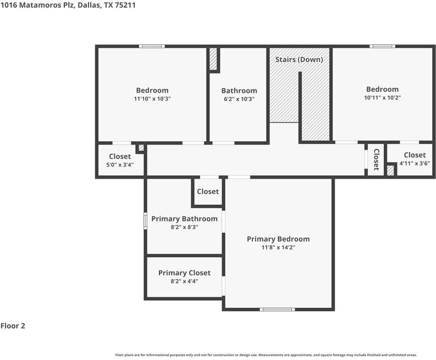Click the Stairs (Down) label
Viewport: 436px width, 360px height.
tap(299, 59)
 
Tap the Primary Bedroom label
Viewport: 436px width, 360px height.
tap(278, 239)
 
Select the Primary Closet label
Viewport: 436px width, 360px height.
tap(184, 273)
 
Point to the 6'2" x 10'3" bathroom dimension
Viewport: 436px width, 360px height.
tap(239, 99)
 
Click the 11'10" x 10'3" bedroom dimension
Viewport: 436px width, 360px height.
tap(152, 99)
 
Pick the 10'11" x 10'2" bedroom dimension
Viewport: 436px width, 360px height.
tap(382, 98)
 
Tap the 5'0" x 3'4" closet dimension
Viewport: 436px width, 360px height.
tap(120, 164)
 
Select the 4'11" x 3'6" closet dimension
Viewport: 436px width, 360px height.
tap(415, 163)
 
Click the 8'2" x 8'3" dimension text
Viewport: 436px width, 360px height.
tap(184, 227)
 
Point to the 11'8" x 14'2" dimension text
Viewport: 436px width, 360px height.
tap(278, 247)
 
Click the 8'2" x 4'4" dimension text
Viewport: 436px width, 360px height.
tap(184, 281)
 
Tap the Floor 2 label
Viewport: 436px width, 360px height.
tap(13, 326)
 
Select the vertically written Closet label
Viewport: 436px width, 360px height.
tap(376, 159)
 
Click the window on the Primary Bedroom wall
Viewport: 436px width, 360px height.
tap(277, 309)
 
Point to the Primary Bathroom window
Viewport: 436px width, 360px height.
tap(145, 221)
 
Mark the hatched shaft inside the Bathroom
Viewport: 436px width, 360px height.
tap(213, 59)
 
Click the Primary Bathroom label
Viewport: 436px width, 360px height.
tap(184, 219)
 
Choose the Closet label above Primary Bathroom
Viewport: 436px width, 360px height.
tap(208, 191)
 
